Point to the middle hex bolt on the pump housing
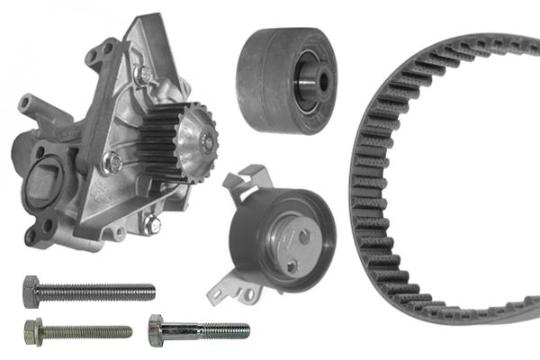click(x=112, y=162)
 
